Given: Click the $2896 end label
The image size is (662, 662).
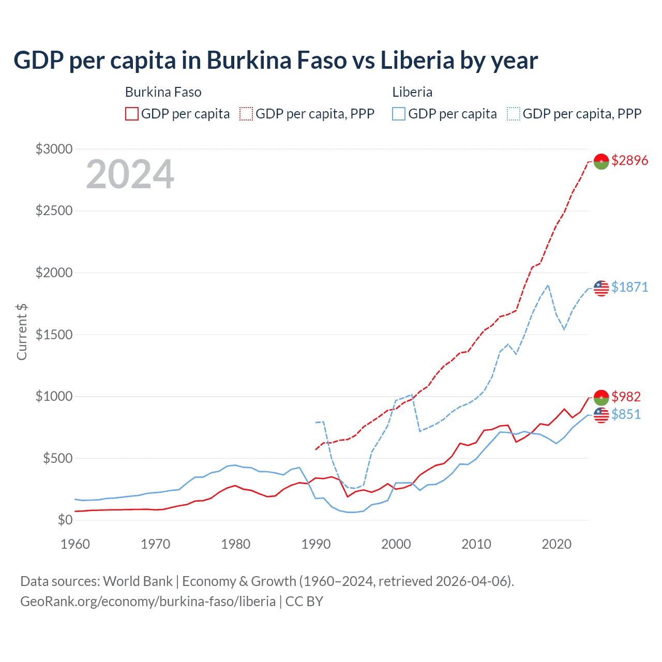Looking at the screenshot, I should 629,160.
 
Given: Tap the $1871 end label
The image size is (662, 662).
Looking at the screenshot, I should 629,287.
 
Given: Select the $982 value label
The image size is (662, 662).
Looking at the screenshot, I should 626,397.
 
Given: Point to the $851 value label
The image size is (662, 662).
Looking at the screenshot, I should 626,414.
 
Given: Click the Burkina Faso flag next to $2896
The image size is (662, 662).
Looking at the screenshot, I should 601,161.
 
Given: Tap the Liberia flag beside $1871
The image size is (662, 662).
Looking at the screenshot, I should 601,288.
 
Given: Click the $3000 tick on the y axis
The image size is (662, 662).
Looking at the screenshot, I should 54,149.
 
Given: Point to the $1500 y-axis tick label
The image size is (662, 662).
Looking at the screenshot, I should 54,335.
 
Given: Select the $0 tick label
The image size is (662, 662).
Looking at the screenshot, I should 65,520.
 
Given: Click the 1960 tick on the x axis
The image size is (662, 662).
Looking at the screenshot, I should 76,544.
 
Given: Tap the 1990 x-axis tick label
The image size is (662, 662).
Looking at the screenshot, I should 316,544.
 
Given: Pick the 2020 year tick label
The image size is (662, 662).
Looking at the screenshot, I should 556,544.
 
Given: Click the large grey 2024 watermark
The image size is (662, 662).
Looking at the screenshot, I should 130,174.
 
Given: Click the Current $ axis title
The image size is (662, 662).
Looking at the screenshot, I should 22,332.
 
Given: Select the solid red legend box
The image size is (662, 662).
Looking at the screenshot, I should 132,114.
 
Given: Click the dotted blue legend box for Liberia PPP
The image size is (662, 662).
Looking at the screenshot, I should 514,114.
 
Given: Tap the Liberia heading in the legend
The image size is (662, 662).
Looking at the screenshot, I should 412,92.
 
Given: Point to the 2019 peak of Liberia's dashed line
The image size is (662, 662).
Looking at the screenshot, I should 548,285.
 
